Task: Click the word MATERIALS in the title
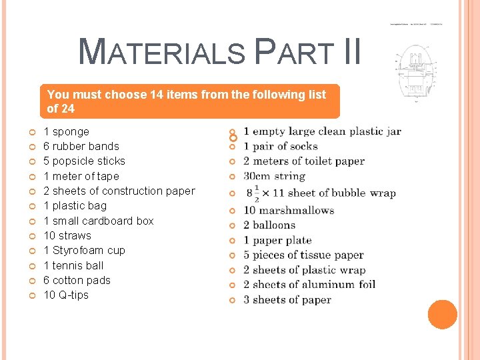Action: (162, 52)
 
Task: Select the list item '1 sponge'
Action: (66, 131)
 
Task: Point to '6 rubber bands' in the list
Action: (81, 146)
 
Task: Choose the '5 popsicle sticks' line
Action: (84, 161)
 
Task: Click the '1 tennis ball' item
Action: (73, 265)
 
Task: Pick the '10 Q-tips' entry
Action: (66, 295)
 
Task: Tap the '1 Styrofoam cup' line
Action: (84, 250)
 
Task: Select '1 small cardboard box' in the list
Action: (98, 221)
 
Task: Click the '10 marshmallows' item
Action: (288, 210)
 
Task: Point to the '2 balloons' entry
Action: (269, 225)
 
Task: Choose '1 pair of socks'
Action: (280, 146)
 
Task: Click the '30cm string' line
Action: (274, 176)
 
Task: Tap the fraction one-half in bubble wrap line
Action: (257, 193)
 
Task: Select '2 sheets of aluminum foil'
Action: (309, 285)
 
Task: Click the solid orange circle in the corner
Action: (443, 315)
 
